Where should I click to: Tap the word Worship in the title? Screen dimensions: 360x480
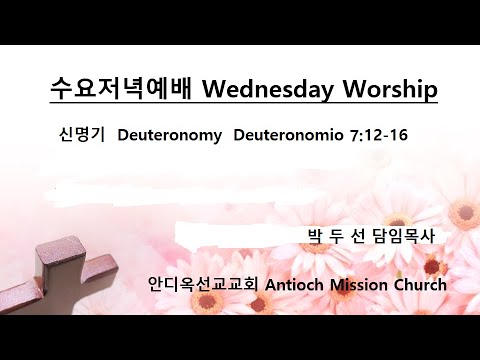(x=385, y=90)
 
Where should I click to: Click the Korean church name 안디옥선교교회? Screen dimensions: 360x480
(x=203, y=284)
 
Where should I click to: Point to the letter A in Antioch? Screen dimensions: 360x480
(x=272, y=284)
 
